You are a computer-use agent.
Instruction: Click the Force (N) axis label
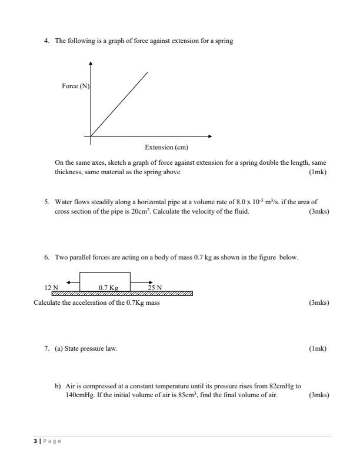(75, 86)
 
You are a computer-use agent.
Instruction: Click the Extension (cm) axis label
(166, 147)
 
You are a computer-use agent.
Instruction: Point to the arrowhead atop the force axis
(91, 63)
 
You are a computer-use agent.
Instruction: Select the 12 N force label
(51, 287)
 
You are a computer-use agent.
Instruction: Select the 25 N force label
(155, 287)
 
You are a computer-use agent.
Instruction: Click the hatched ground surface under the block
(124, 293)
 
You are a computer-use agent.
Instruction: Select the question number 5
(46, 201)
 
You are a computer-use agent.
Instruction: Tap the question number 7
(46, 348)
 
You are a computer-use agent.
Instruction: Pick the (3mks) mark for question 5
(318, 211)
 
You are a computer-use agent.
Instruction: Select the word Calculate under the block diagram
(48, 302)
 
